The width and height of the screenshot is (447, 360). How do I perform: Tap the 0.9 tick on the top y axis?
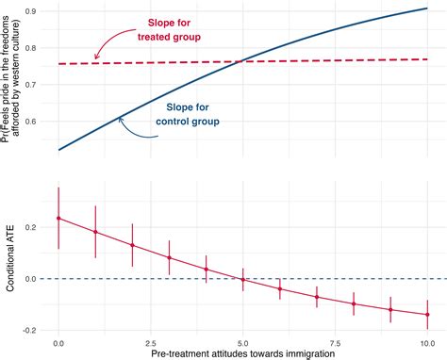[x=39, y=12]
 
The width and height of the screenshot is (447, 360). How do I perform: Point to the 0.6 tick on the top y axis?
[x=39, y=122]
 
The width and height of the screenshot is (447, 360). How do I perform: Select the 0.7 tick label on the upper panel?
[x=39, y=85]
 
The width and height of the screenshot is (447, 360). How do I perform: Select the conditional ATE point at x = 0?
[x=58, y=218]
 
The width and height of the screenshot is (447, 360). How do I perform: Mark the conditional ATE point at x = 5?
[x=242, y=279]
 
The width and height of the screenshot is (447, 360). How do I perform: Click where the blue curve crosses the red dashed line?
[x=242, y=61]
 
